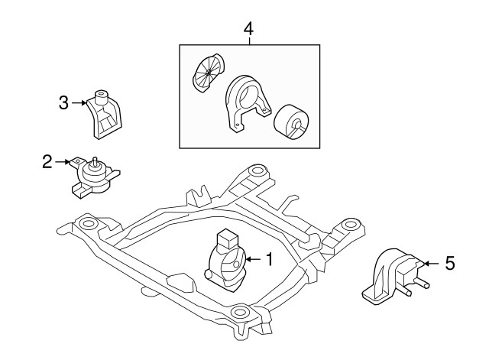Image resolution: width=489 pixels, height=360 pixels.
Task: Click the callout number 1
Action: (268, 261)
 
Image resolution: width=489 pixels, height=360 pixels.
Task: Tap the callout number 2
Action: (47, 161)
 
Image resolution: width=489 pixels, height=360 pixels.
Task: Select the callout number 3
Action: (64, 102)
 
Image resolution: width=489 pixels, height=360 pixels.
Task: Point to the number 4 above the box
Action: (248, 29)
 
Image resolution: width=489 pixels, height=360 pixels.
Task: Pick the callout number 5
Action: (449, 264)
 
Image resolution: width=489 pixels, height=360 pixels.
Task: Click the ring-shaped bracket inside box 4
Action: (246, 98)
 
